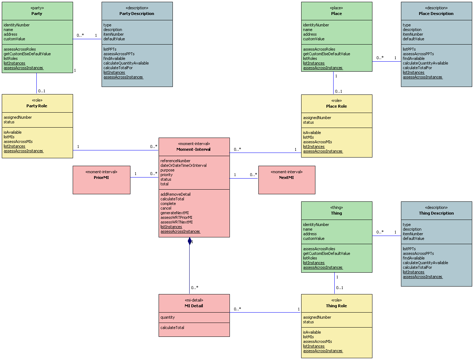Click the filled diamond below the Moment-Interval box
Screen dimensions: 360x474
click(190, 241)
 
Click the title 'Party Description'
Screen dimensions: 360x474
click(137, 14)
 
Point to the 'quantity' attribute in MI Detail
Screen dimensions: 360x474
click(168, 317)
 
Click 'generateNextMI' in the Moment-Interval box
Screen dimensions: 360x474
click(175, 213)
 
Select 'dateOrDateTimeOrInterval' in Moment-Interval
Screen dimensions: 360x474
click(184, 165)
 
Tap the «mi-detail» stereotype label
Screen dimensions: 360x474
click(194, 300)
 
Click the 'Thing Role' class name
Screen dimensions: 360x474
click(336, 306)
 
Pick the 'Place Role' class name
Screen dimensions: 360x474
click(336, 106)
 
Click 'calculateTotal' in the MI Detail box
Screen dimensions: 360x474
click(172, 328)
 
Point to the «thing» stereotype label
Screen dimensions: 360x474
click(336, 207)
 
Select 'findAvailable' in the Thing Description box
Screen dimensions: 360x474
click(414, 258)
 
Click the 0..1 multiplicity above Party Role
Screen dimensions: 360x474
click(42, 91)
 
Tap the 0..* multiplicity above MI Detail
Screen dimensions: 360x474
click(195, 288)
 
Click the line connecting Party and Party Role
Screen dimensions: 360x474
click(36, 83)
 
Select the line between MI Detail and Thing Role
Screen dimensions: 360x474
click(266, 313)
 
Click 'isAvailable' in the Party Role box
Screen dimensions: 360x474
click(12, 132)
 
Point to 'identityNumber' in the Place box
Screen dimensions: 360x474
click(316, 25)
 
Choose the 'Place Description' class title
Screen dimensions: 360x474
click(436, 14)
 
